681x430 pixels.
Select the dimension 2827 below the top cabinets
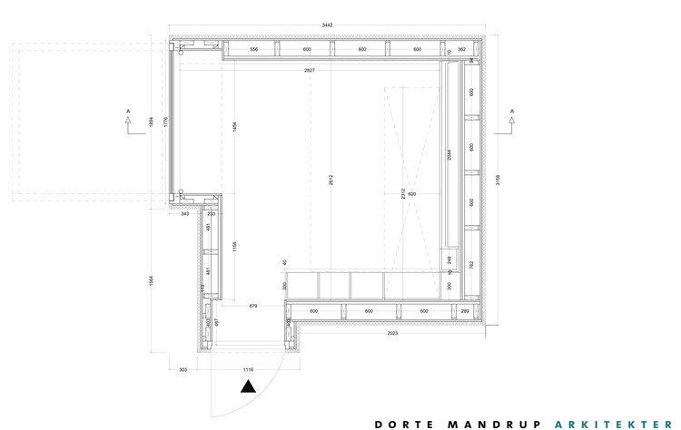click(x=310, y=70)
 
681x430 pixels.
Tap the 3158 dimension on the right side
click(x=498, y=179)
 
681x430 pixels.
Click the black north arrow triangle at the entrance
click(x=248, y=386)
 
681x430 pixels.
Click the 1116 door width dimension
click(x=247, y=370)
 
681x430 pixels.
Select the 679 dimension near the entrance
click(x=253, y=307)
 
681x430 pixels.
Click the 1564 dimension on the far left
click(x=151, y=281)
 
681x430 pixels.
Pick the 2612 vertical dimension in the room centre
click(x=331, y=179)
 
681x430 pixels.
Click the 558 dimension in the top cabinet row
click(x=253, y=49)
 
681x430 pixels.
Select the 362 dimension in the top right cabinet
click(x=461, y=49)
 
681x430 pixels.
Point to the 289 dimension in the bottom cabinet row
click(x=465, y=311)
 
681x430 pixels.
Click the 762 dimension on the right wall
click(x=471, y=264)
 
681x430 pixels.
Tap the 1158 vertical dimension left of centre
click(x=234, y=246)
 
